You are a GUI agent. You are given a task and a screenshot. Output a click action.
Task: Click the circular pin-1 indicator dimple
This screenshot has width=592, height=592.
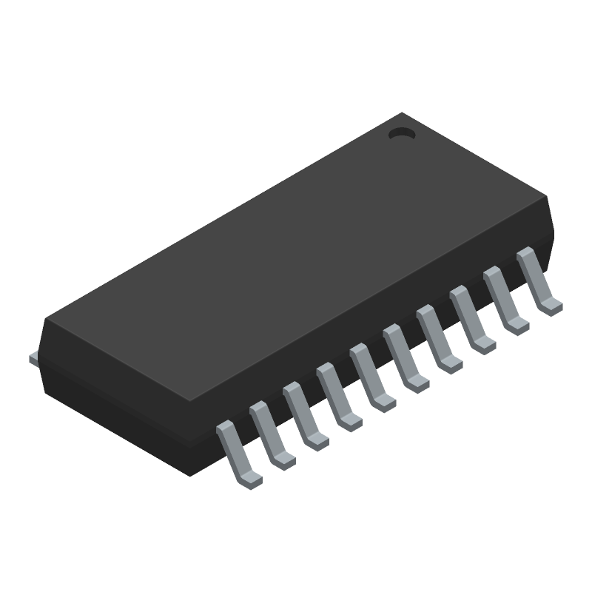(402, 134)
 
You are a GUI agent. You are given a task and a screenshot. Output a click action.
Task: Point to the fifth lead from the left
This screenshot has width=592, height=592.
(371, 378)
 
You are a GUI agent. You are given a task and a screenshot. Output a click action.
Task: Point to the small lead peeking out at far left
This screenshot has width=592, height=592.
(33, 359)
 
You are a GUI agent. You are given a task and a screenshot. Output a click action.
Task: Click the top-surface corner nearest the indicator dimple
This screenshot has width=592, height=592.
(402, 114)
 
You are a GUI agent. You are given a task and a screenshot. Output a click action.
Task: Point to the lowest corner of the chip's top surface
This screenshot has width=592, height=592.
(191, 403)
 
